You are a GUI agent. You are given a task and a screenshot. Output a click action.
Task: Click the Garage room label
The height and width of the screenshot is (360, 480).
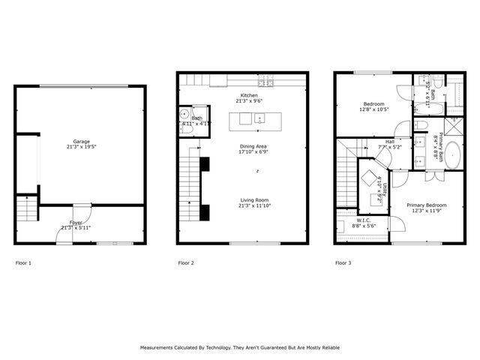tap(81, 142)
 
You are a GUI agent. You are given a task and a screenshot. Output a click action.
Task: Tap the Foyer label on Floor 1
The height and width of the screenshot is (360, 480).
tap(76, 223)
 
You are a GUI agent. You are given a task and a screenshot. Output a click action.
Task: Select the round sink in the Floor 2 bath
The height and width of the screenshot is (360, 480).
tap(184, 115)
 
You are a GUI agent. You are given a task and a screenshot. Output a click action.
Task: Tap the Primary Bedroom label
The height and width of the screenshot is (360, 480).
tap(427, 205)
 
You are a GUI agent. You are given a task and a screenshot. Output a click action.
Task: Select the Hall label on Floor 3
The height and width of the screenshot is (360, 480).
tap(390, 141)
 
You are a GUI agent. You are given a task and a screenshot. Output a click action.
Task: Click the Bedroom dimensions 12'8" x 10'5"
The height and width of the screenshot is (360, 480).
tap(374, 109)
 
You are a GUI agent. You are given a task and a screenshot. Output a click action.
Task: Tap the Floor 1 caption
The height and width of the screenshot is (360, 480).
tap(23, 263)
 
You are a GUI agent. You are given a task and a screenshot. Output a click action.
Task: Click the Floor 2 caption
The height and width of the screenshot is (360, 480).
tap(185, 263)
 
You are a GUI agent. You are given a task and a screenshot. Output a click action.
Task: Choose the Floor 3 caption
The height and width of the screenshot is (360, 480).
tap(343, 263)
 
